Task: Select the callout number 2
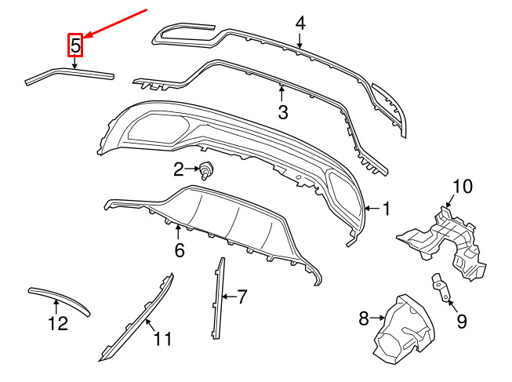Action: point(179,169)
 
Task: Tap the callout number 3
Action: point(284,111)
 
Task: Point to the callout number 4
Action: point(300,23)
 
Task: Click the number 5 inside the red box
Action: point(75,46)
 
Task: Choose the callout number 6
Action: point(179,251)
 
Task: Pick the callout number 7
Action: point(242,297)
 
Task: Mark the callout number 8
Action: point(364,318)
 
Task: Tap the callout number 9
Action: point(461,320)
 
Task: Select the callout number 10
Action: point(463,186)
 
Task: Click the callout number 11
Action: point(162,340)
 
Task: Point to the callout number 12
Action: point(57,322)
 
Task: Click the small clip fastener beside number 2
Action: point(208,169)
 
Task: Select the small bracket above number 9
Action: point(440,287)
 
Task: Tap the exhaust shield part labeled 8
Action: point(406,329)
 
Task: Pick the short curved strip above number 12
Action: point(60,298)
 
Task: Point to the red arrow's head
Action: point(87,37)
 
